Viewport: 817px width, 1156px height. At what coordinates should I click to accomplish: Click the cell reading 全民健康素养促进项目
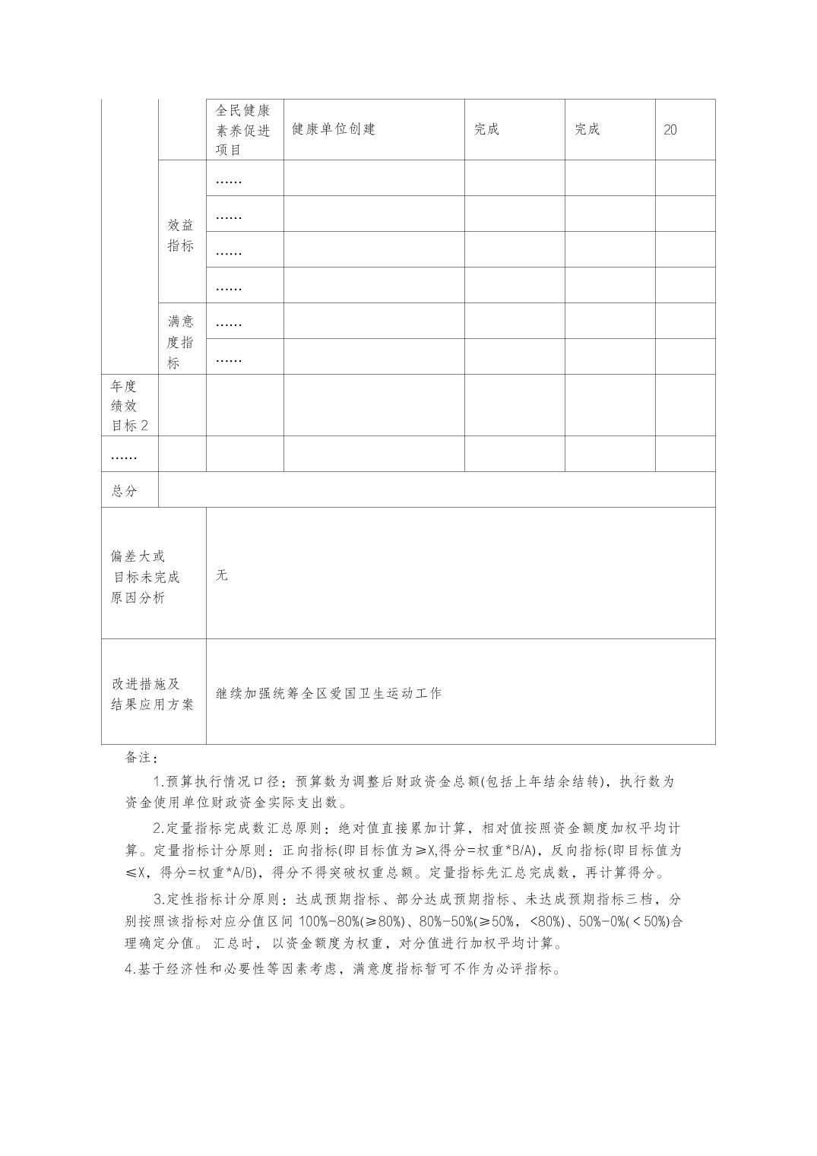point(243,129)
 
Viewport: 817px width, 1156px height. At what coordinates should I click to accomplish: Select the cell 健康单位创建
point(334,129)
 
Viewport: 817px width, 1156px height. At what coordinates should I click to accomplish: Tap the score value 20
point(670,130)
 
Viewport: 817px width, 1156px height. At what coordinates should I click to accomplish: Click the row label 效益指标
point(181,235)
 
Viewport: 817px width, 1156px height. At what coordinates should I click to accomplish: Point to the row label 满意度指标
point(181,342)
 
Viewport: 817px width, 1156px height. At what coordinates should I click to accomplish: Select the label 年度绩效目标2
point(129,406)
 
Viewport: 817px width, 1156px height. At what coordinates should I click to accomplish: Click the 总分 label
point(125,491)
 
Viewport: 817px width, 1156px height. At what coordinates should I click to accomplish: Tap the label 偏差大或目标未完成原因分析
point(145,577)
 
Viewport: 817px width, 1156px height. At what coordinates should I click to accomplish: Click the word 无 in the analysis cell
point(222,575)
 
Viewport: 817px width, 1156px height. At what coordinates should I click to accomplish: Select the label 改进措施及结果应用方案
point(152,694)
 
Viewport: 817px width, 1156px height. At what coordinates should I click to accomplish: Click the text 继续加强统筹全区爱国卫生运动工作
point(328,693)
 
